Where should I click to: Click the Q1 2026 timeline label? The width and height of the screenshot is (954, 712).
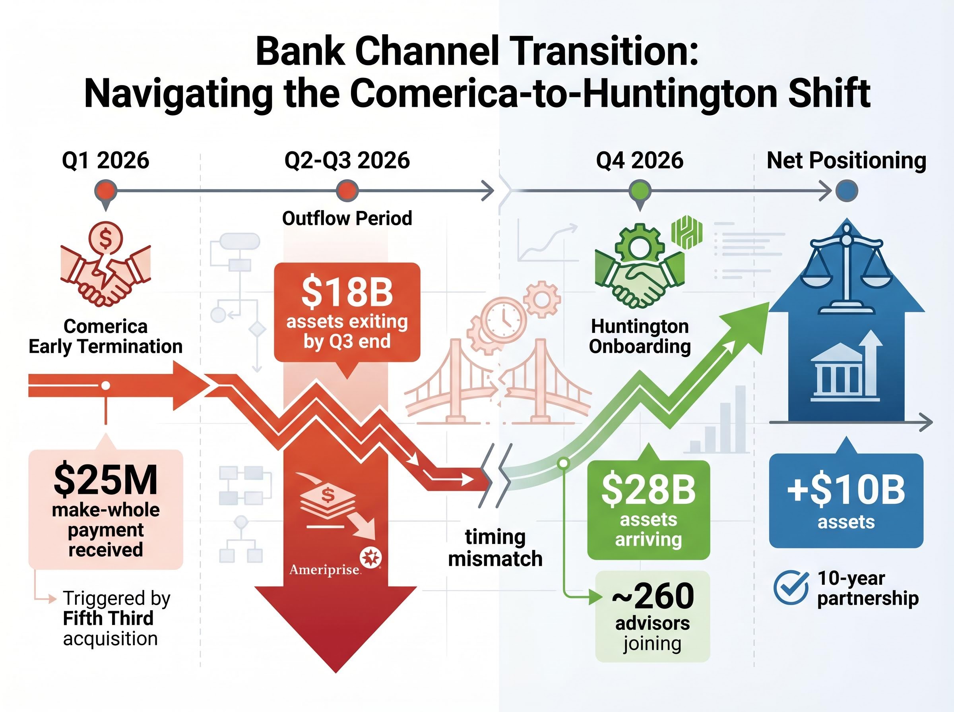click(x=106, y=161)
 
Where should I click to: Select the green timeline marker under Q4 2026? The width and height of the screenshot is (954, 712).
click(x=640, y=190)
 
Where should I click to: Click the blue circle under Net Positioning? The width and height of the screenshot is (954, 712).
click(x=847, y=190)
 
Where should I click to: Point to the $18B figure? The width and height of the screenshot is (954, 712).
click(x=347, y=292)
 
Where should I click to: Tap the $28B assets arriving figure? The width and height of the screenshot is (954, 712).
click(x=648, y=489)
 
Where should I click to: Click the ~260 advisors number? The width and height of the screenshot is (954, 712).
click(x=653, y=596)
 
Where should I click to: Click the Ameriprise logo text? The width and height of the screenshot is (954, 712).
click(x=325, y=570)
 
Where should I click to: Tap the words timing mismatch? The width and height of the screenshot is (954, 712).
click(x=495, y=548)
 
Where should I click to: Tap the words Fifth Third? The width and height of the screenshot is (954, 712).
click(x=108, y=619)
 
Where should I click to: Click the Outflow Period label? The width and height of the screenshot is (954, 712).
click(x=347, y=218)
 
